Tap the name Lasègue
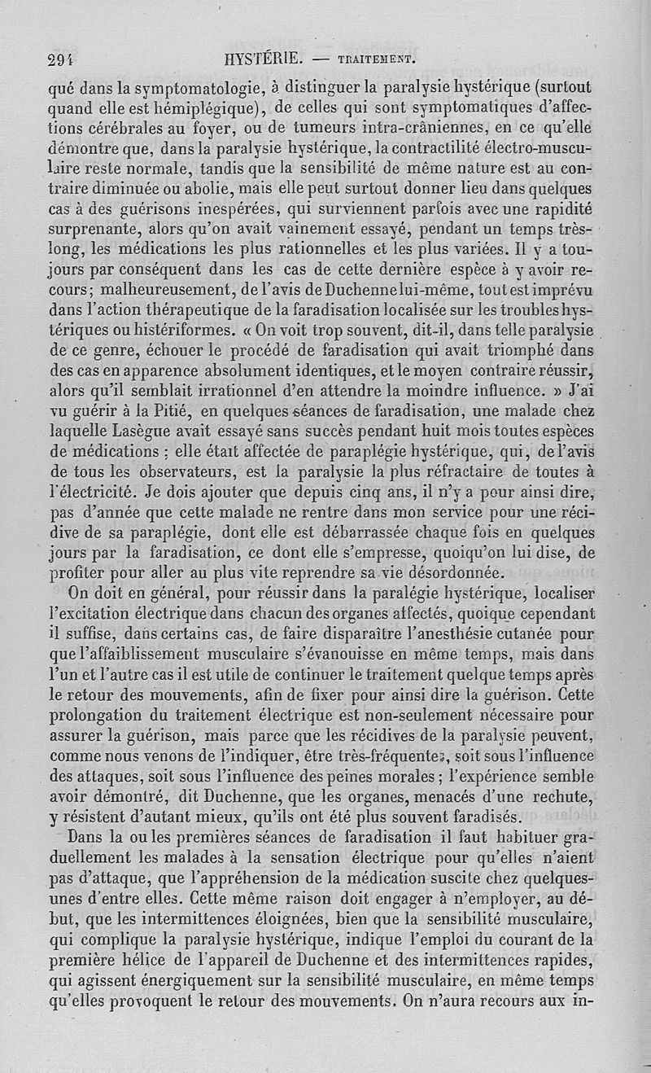[153, 431]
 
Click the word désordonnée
[445, 571]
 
